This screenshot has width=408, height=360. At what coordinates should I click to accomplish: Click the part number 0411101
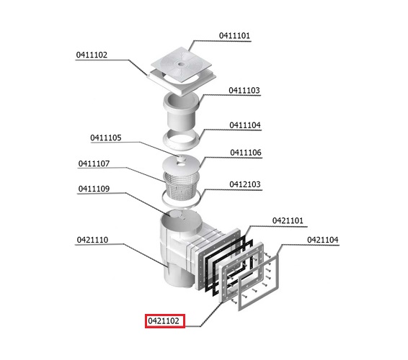pos(234,35)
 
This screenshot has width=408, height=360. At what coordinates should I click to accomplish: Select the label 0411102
pos(92,55)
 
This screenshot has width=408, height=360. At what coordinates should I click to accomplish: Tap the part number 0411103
pos(244,91)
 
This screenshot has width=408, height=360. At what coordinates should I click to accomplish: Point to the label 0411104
pos(245,125)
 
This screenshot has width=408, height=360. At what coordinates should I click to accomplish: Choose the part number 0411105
pos(106,138)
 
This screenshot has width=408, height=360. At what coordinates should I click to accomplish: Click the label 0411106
pos(246,153)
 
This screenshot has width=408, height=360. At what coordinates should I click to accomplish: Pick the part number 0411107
pos(94,163)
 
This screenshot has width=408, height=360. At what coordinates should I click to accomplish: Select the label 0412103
pos(245,184)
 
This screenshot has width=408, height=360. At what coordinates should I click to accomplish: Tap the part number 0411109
pos(94,189)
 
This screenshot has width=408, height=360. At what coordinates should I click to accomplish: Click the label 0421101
pos(288,221)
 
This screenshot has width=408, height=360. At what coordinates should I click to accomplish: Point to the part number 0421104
pos(323,240)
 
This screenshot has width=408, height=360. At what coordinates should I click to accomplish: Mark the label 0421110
pos(92,240)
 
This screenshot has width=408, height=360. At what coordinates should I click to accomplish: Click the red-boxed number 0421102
pos(164,321)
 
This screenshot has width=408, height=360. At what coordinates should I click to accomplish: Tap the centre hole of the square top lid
pos(182,64)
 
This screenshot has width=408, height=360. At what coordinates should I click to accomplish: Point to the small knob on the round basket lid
pos(181,157)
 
